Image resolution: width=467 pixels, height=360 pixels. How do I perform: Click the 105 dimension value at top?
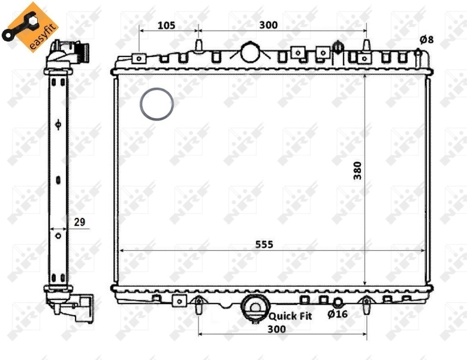pos(166,25)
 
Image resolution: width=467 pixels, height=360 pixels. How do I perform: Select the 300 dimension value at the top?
pos(268,25)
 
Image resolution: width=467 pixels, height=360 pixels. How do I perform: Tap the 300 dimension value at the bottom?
pos(276,329)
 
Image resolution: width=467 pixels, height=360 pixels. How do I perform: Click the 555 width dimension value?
pos(264,244)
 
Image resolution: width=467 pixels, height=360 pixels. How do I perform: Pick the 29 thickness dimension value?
pos(79,222)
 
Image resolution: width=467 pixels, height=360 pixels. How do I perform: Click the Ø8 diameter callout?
pos(426,40)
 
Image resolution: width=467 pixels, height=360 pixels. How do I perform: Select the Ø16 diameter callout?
pos(338,313)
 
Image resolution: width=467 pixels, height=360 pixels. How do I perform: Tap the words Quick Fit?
pos(291,315)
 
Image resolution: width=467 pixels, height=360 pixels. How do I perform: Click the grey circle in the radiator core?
pos(157,104)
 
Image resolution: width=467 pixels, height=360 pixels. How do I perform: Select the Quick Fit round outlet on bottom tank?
pos(254,307)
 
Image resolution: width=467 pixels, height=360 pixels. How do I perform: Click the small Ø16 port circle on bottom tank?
pos(338,302)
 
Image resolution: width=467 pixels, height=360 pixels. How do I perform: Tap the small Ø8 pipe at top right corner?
pos(418,53)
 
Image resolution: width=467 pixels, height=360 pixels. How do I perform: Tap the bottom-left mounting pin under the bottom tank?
pos(198,305)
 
